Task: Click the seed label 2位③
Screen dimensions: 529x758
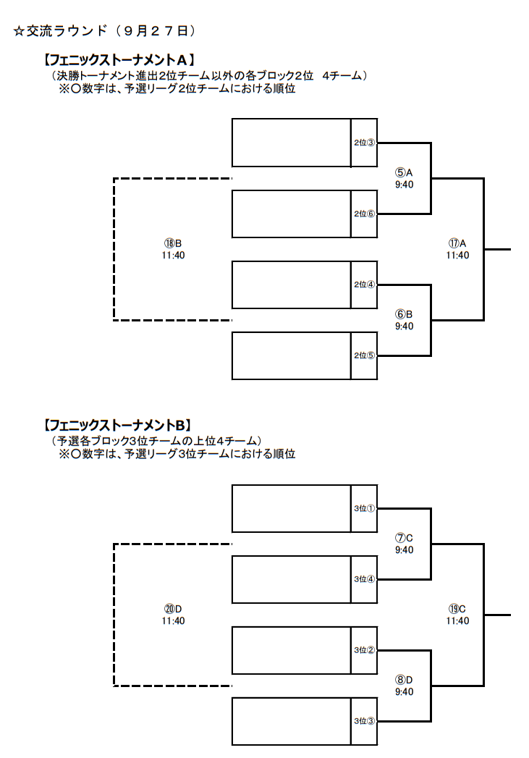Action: point(364,143)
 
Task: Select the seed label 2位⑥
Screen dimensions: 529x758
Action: point(364,214)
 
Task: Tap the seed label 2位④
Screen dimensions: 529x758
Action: point(364,285)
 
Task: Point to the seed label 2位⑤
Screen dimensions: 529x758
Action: point(364,355)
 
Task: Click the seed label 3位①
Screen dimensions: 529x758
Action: point(364,508)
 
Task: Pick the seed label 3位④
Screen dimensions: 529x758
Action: point(364,579)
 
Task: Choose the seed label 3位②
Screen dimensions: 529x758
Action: point(364,650)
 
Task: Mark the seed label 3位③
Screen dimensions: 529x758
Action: point(364,721)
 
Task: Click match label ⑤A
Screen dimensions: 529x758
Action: point(404,172)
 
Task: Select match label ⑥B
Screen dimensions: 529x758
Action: point(404,314)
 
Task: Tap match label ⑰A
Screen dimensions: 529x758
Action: point(457,243)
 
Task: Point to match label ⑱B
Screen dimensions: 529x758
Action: point(173,243)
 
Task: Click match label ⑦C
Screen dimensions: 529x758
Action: point(404,538)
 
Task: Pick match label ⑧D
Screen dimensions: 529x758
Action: point(404,680)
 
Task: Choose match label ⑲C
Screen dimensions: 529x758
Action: point(457,609)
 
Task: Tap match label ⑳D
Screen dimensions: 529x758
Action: point(173,609)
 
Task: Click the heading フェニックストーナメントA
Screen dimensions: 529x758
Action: point(119,60)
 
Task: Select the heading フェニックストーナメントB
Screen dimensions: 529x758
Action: point(119,426)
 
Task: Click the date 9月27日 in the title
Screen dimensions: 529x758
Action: point(156,31)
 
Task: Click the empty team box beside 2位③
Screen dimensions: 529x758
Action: point(292,143)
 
